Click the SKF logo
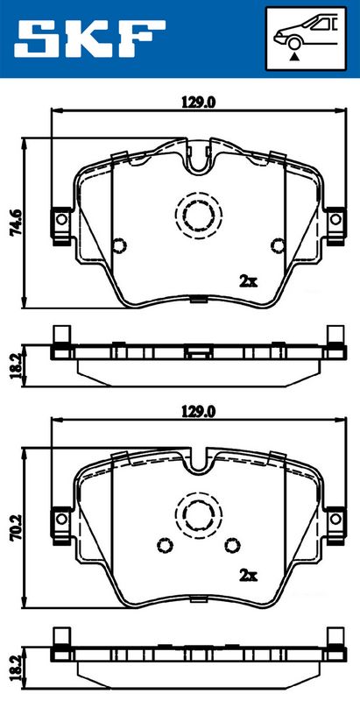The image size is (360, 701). click(x=89, y=39)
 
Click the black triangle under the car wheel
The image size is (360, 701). click(x=293, y=56)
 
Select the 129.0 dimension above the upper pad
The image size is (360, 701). click(x=199, y=103)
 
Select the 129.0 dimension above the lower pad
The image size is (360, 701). click(x=199, y=412)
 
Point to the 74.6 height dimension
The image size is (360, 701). click(x=16, y=223)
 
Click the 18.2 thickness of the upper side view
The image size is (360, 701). click(x=16, y=365)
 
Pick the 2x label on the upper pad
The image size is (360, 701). click(x=249, y=281)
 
